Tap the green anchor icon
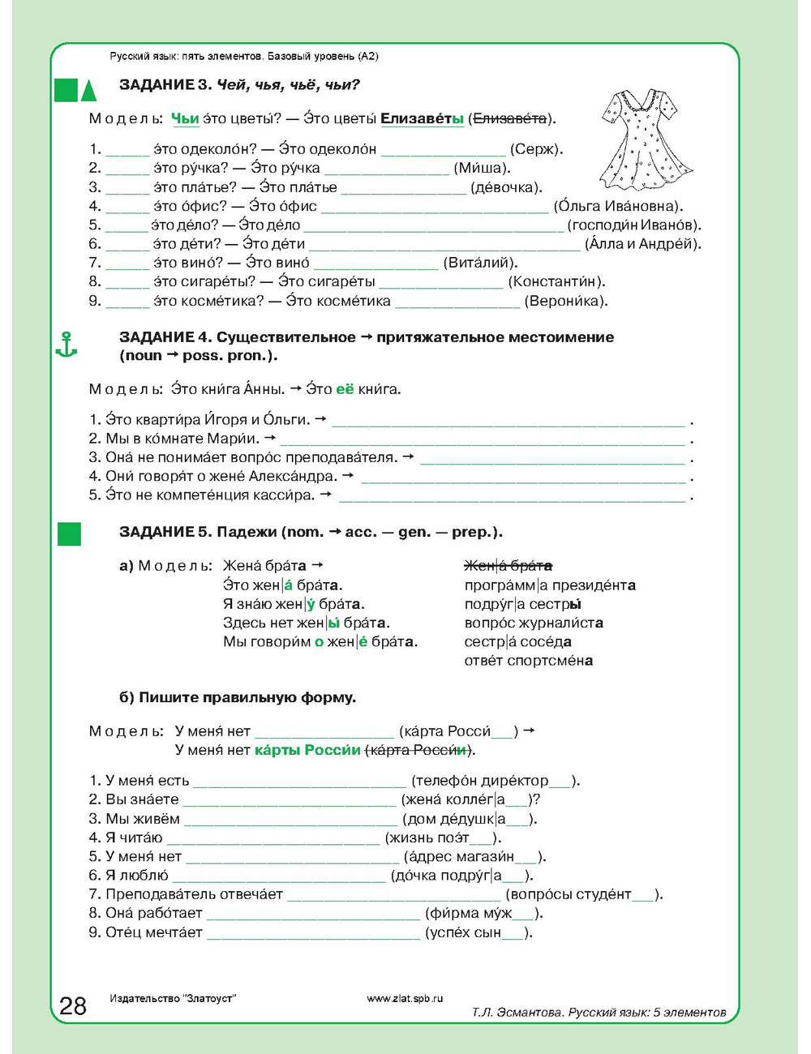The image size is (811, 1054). (66, 345)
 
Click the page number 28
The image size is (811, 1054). (73, 1006)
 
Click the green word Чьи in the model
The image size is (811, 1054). (185, 118)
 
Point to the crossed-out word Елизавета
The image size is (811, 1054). (509, 118)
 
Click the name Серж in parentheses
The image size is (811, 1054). (535, 149)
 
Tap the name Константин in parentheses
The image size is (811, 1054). (556, 281)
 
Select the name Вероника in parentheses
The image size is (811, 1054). (565, 301)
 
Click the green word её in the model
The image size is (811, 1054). (345, 389)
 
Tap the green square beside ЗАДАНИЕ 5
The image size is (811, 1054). (69, 533)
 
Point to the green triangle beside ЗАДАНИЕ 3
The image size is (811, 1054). (89, 89)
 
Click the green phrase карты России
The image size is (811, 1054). (307, 750)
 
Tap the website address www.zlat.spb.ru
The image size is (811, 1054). (405, 999)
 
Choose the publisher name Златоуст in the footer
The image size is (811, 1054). (209, 999)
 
